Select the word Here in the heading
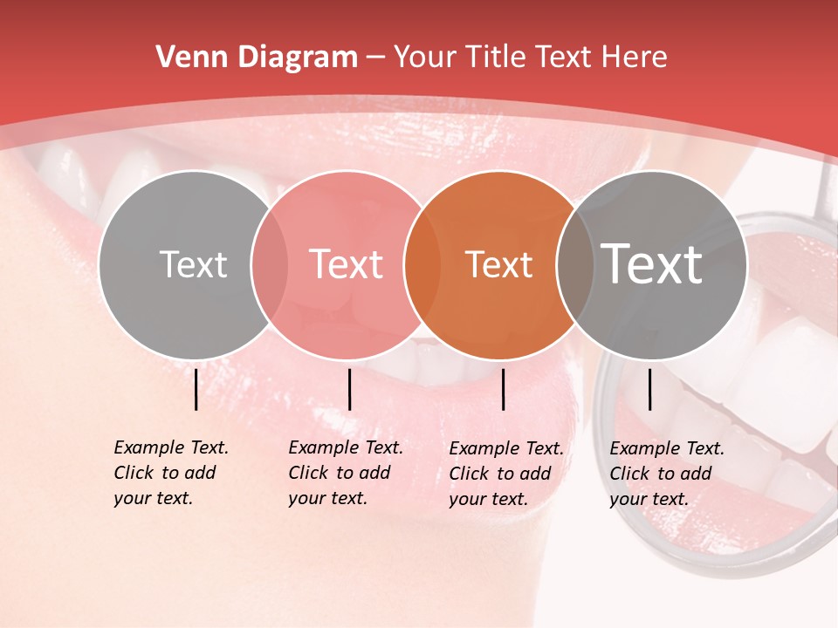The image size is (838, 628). click(635, 58)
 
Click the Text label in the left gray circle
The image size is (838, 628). click(193, 265)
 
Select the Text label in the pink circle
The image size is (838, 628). click(347, 265)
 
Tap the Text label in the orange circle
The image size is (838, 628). click(498, 265)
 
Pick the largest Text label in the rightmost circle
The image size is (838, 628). click(652, 263)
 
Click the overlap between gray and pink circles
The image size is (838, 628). click(270, 265)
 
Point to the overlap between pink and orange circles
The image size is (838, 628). click(422, 265)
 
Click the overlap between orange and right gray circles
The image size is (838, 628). click(575, 265)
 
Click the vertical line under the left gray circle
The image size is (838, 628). click(196, 389)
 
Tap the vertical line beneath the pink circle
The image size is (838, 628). click(350, 389)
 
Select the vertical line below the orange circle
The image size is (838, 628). click(504, 389)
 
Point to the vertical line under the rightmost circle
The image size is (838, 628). click(650, 389)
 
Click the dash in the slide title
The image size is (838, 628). click(375, 58)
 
